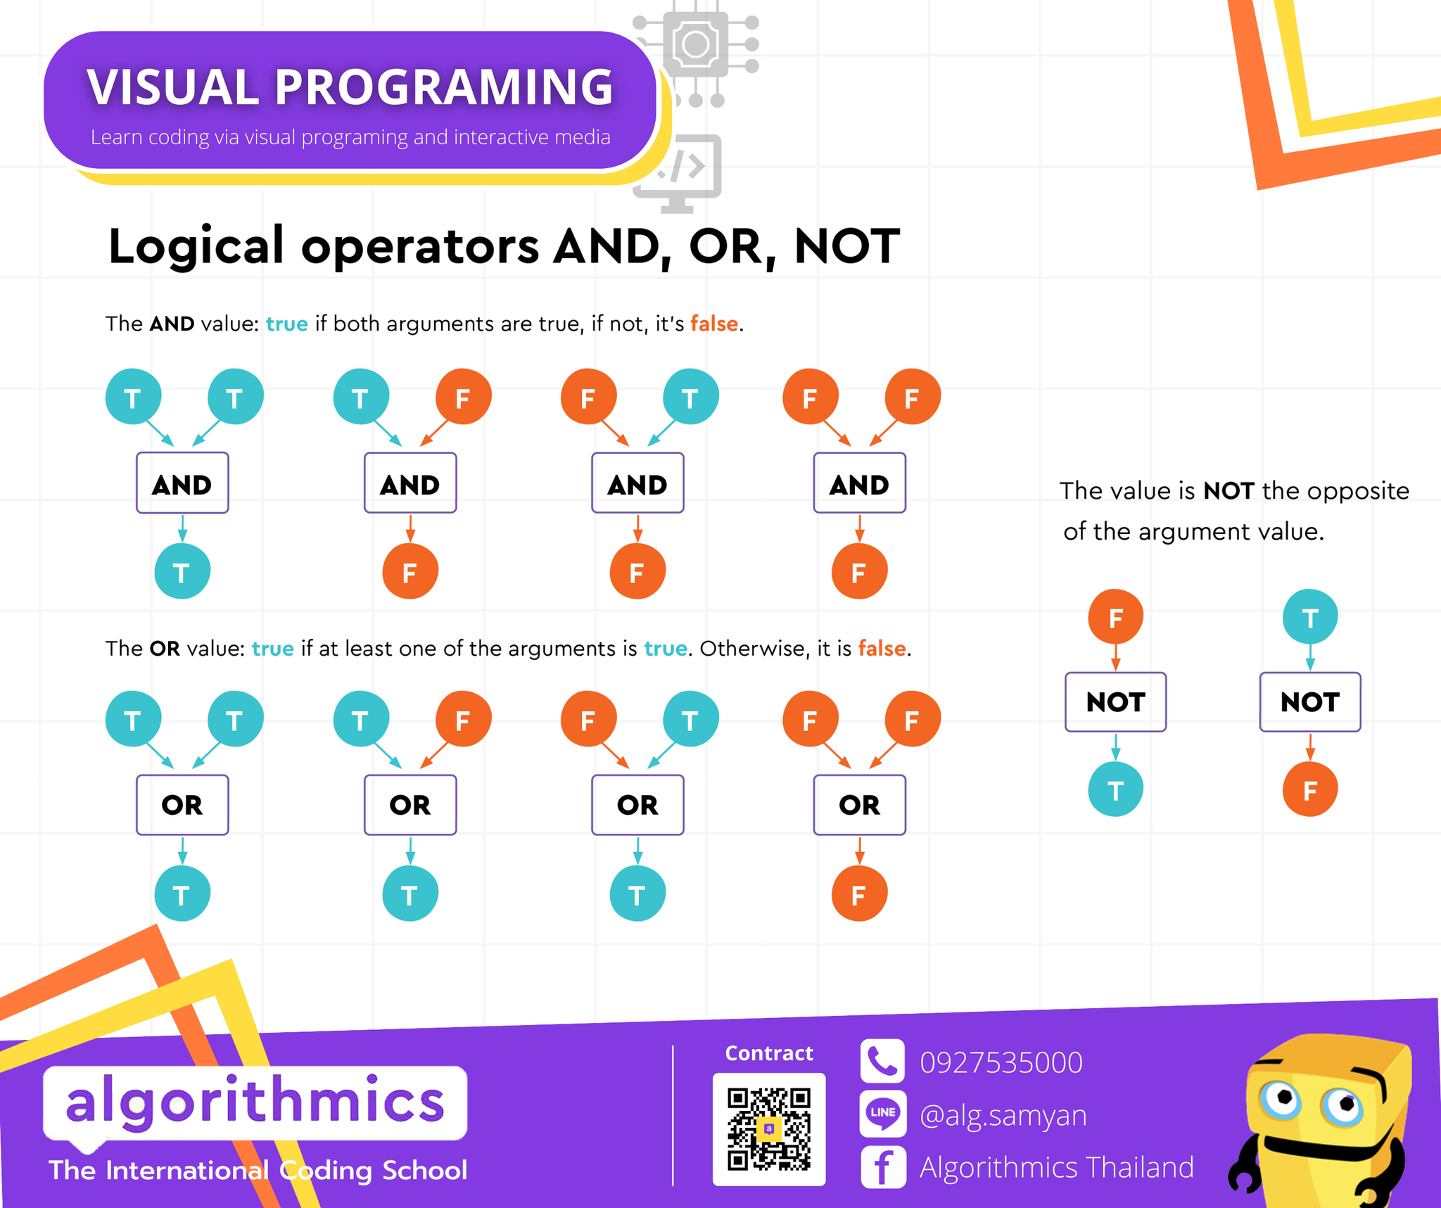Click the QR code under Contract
(769, 1129)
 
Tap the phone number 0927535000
(1001, 1062)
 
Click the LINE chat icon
(882, 1114)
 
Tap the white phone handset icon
(882, 1061)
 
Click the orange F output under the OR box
(859, 894)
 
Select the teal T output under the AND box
(182, 571)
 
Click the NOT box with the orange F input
(1115, 702)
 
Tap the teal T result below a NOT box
(1115, 789)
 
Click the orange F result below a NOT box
(1309, 789)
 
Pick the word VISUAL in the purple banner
(173, 87)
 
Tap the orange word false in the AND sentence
(714, 324)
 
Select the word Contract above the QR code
(769, 1053)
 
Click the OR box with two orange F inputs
(859, 805)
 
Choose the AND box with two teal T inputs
(182, 483)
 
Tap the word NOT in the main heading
(846, 246)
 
